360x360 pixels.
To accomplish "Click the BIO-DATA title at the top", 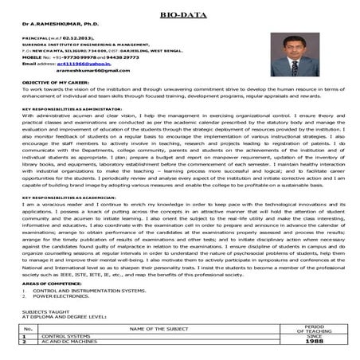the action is click(x=180, y=14).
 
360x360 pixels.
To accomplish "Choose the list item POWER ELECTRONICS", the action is click(x=59, y=298).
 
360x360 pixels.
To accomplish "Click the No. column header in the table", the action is click(x=28, y=328).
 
